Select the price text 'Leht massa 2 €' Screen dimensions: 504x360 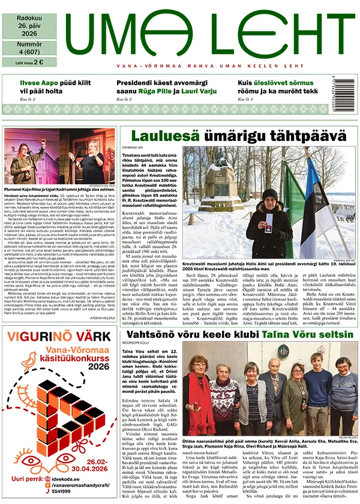click(29, 62)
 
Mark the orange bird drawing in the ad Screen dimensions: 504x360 click(28, 359)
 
